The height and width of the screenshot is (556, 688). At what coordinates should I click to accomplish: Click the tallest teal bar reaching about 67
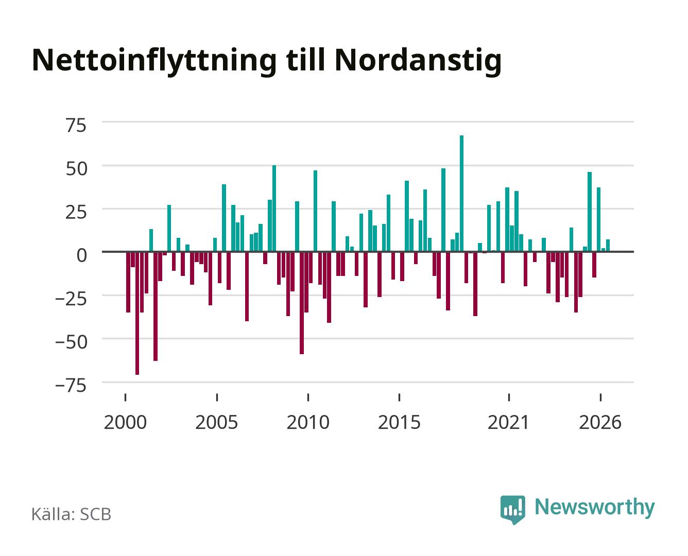coord(461,193)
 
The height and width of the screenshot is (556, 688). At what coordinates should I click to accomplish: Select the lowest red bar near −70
coord(137,313)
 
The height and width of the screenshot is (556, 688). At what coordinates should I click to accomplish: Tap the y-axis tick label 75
coord(76,126)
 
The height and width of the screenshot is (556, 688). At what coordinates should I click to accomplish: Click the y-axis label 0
coord(82,255)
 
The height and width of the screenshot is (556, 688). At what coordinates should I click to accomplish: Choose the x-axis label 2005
coord(216,422)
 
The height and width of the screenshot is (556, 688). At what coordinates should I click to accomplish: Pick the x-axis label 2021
coord(508,422)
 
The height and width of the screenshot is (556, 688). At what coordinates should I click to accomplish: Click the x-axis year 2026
coord(600,422)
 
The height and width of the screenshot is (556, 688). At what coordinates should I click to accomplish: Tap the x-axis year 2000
coord(125,422)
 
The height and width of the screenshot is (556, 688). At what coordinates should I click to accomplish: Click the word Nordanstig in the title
coord(418,61)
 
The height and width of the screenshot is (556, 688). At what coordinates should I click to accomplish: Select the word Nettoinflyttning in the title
coord(154,61)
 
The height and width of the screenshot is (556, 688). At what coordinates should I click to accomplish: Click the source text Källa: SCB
coord(72,514)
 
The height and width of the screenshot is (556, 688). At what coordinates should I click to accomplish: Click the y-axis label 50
coord(77,169)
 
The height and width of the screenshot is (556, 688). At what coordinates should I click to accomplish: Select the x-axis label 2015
coord(399,422)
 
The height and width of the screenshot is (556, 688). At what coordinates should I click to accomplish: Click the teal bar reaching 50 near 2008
coord(274,208)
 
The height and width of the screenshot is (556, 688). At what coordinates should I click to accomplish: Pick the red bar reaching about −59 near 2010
coord(302,303)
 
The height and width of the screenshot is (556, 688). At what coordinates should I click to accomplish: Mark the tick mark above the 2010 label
coord(308,397)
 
